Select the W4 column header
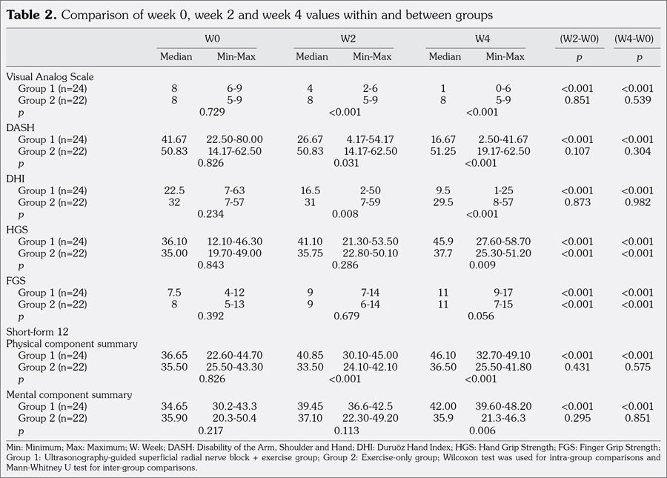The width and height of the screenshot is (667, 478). click(x=475, y=38)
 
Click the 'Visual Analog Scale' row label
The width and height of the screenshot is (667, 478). click(x=50, y=76)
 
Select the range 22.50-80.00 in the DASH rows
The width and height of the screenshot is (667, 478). click(x=235, y=139)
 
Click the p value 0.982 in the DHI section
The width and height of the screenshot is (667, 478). click(x=638, y=203)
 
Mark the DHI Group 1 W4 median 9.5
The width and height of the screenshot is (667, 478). click(x=443, y=190)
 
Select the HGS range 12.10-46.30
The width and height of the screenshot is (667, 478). click(x=235, y=242)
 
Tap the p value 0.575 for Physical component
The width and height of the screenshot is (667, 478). click(x=638, y=368)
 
